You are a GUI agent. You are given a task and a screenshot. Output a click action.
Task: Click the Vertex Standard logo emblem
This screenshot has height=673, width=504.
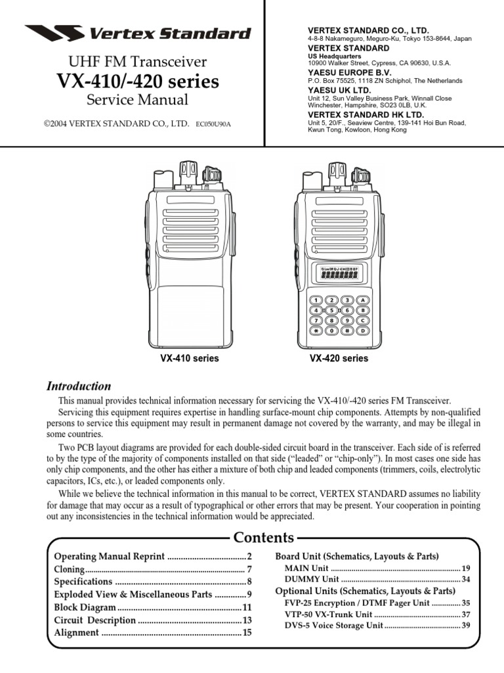point(54,33)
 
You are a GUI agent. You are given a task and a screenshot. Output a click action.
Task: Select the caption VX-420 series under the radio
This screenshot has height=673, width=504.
point(339,359)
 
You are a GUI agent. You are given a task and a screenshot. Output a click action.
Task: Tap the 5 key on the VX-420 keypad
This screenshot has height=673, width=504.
point(331,310)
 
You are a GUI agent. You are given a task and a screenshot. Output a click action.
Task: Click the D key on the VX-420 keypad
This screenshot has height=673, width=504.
point(362,331)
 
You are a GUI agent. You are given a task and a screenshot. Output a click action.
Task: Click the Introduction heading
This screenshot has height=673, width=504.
point(78,386)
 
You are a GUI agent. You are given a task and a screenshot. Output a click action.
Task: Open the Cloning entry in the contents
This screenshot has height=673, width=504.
point(69,569)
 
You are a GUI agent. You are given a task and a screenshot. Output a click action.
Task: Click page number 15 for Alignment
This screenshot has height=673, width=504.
point(247,633)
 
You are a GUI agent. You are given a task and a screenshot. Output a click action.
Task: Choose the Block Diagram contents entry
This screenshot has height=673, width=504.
point(85,607)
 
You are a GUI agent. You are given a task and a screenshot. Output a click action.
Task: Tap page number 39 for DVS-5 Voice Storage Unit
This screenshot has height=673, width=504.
point(466,625)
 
